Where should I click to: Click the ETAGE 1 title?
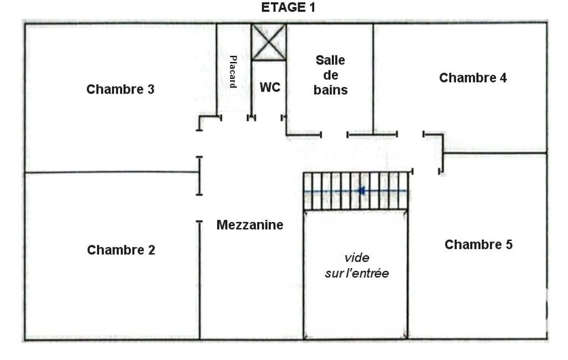click(x=288, y=7)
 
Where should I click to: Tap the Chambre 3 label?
click(x=120, y=89)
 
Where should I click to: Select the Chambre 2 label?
click(x=121, y=250)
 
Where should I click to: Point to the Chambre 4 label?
click(x=473, y=78)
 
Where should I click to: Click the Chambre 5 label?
click(x=479, y=244)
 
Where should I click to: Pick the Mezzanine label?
click(x=250, y=225)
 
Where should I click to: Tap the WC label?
click(x=270, y=88)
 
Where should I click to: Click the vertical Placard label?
click(x=233, y=71)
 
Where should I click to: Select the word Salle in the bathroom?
click(x=330, y=60)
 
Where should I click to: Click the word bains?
click(x=330, y=90)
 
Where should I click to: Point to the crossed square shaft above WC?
click(x=269, y=42)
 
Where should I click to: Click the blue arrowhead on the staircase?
click(x=361, y=191)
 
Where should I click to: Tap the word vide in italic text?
click(x=357, y=258)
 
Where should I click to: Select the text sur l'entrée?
click(x=357, y=273)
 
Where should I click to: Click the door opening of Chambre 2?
click(x=199, y=208)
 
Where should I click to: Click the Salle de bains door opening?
click(x=334, y=135)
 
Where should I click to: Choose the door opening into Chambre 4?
click(x=410, y=135)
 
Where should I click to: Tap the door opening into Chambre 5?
click(x=426, y=171)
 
